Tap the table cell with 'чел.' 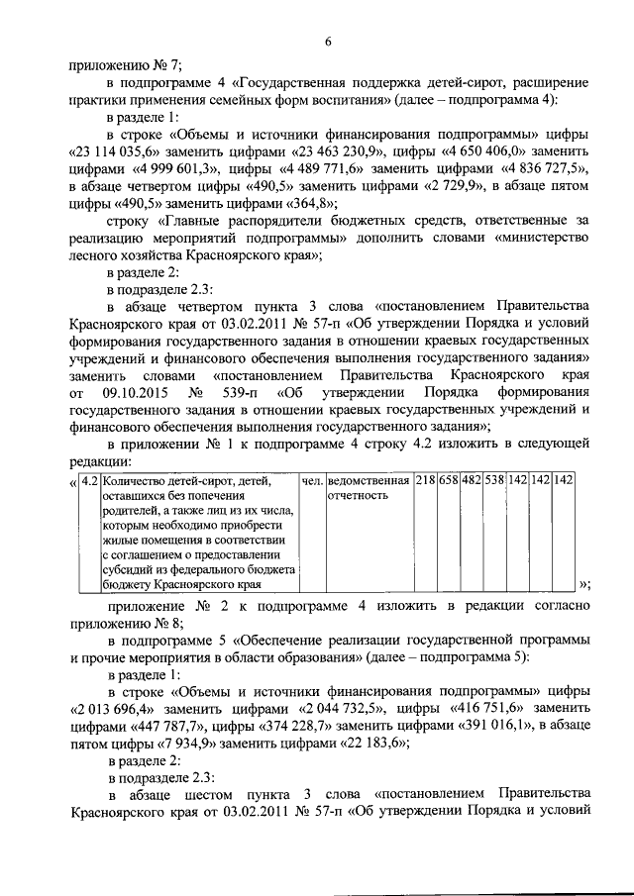click(311, 481)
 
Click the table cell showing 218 click(425, 481)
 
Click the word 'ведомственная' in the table click(369, 481)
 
